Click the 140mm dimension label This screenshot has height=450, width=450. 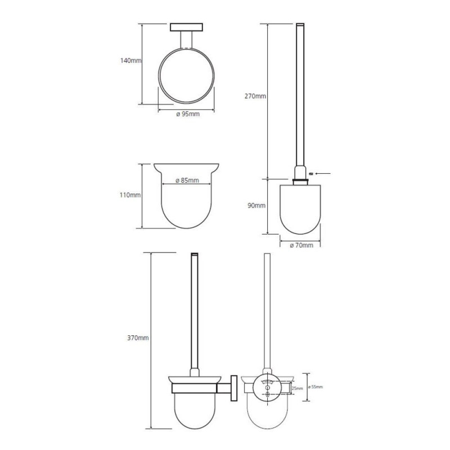tap(130, 61)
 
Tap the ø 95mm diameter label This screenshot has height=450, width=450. tap(188, 114)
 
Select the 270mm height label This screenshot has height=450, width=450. tap(255, 96)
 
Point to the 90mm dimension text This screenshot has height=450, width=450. tap(256, 205)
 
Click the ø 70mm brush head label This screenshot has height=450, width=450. tap(301, 245)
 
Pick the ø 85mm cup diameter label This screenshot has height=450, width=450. tap(187, 180)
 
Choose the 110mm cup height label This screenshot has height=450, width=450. tap(130, 195)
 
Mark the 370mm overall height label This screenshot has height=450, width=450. tap(138, 338)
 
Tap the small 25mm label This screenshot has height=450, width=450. tap(298, 389)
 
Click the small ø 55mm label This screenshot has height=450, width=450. tap(316, 387)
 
